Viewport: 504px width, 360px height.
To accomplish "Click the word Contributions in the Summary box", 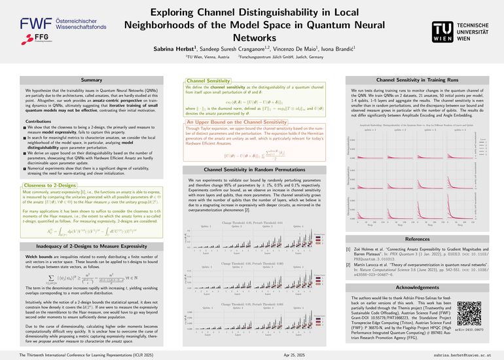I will click(39, 122).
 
